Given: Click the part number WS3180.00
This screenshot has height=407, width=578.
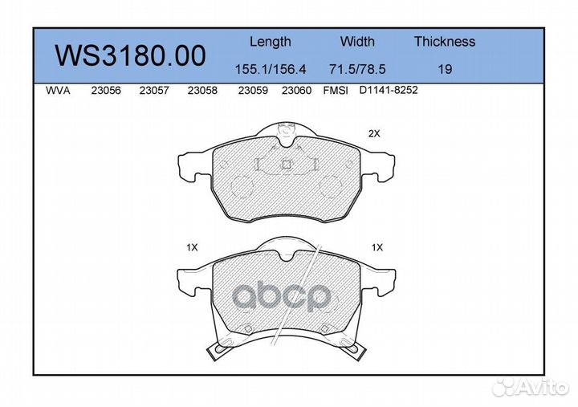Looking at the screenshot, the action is pyautogui.click(x=130, y=55).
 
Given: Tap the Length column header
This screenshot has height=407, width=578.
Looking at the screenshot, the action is pyautogui.click(x=271, y=42).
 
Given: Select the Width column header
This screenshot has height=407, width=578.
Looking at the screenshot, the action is pyautogui.click(x=356, y=41).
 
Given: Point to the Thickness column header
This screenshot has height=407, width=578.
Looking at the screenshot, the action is pyautogui.click(x=445, y=41).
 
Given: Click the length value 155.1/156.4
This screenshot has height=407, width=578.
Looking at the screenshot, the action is pyautogui.click(x=271, y=69).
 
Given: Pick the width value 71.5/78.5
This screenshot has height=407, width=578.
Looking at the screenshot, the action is pyautogui.click(x=357, y=69).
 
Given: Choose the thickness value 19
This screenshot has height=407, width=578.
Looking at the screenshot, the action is pyautogui.click(x=445, y=69).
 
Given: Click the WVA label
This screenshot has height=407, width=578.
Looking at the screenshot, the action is pyautogui.click(x=58, y=91).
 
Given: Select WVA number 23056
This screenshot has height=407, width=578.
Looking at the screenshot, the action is pyautogui.click(x=106, y=91).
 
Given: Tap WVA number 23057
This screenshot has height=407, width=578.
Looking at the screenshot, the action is pyautogui.click(x=154, y=91).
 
